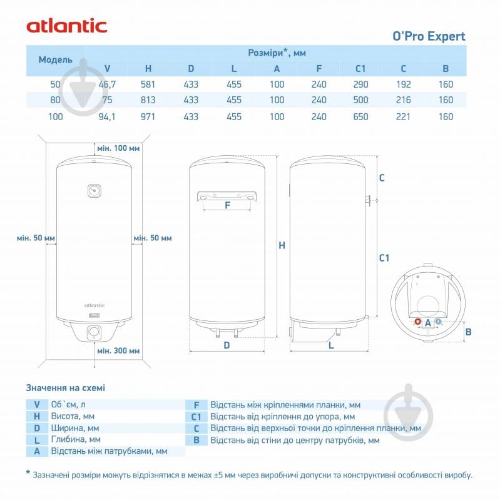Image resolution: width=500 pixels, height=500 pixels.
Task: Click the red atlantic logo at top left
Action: pos(67,26)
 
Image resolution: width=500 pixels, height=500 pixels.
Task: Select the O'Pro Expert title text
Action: pos(429,36)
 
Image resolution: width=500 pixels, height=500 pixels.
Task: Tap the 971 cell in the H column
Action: pos(148,116)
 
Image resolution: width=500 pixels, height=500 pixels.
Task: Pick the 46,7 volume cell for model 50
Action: pos(106,84)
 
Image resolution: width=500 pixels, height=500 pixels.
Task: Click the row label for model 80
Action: pos(55,100)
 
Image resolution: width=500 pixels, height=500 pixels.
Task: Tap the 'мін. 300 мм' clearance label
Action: pos(118,350)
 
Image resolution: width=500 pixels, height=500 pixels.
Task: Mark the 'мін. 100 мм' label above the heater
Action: pos(118,148)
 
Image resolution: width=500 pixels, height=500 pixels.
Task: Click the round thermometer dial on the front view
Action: pos(94,190)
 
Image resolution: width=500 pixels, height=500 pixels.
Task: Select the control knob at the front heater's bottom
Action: pos(94,332)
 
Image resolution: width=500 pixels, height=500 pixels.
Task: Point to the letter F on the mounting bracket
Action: pos(227,205)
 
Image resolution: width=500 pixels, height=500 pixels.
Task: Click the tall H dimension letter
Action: pos(282,246)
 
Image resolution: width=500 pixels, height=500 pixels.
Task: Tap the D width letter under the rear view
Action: pos(227,345)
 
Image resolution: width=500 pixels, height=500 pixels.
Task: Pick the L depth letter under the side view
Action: pos(330,345)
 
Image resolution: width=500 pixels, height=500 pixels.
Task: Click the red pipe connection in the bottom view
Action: pos(417,322)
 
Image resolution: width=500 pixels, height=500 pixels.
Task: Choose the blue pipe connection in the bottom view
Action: pos(438,322)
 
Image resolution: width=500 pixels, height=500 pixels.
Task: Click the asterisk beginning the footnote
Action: pos(28,474)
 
